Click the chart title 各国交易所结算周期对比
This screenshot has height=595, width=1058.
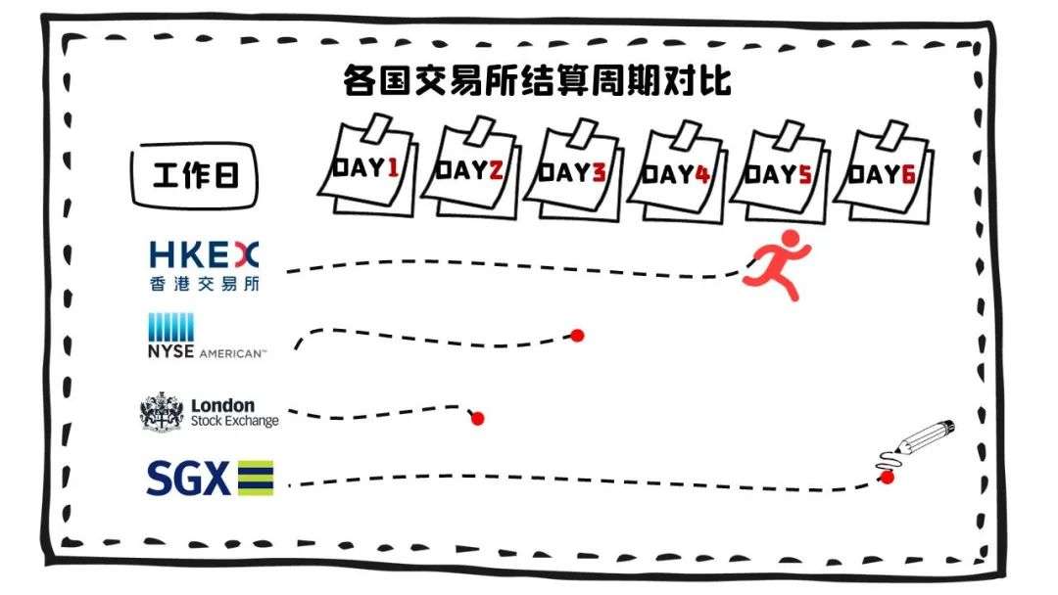click(537, 81)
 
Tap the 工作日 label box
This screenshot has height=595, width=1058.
click(194, 175)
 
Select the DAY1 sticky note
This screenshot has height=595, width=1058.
click(367, 166)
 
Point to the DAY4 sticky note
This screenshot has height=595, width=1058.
click(677, 172)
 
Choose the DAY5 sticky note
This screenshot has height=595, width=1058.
click(780, 172)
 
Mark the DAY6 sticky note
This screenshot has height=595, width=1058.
click(884, 172)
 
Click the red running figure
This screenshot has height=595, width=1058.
click(776, 264)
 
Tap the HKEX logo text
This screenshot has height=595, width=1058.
click(204, 255)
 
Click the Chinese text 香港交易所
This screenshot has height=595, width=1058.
click(205, 284)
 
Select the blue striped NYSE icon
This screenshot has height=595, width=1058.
click(170, 327)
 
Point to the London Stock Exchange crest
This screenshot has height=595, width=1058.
click(162, 411)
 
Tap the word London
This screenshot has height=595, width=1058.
click(222, 406)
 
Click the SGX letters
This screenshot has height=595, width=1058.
click(188, 478)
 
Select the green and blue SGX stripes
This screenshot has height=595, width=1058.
click(255, 478)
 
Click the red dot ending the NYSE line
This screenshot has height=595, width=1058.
click(577, 335)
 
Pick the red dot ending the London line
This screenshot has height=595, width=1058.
click(478, 419)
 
